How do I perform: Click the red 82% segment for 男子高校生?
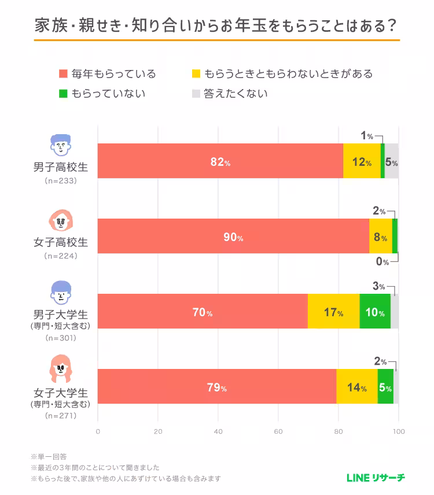(x=220, y=161)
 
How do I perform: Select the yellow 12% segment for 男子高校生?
(x=362, y=161)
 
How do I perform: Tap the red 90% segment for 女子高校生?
(x=233, y=237)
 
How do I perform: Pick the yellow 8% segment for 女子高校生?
(x=380, y=237)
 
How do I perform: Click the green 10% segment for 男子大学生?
(x=374, y=312)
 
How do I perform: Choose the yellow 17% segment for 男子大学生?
(x=333, y=312)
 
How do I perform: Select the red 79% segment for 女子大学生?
(x=216, y=387)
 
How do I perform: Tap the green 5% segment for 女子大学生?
(x=385, y=387)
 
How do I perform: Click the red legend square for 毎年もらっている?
(x=63, y=74)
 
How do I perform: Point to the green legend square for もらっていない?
(x=63, y=93)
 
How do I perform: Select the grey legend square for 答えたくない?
(x=195, y=93)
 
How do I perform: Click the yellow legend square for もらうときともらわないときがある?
(x=195, y=74)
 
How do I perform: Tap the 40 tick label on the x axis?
(x=218, y=431)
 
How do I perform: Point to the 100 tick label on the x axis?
(x=398, y=431)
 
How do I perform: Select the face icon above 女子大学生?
(x=60, y=371)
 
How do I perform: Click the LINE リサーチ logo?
(x=376, y=477)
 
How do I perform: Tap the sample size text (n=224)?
(x=60, y=256)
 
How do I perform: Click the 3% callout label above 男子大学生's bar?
(x=379, y=286)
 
